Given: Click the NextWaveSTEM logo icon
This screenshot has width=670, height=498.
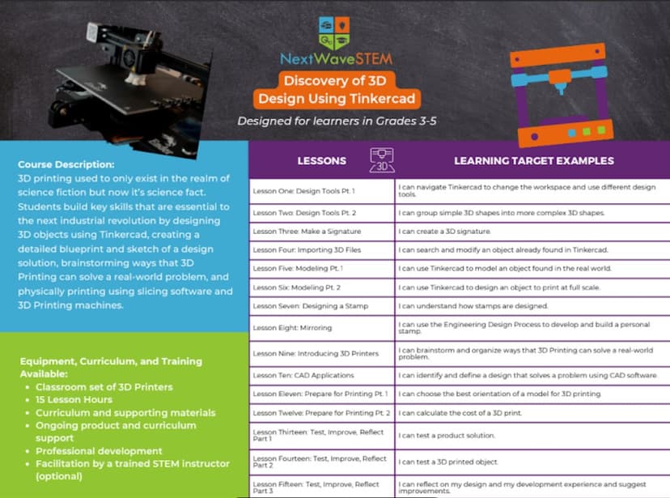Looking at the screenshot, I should tap(335, 32).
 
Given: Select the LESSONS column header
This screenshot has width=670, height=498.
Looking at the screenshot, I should tap(321, 160).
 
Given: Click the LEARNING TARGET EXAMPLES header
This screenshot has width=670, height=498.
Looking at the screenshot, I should tap(533, 160).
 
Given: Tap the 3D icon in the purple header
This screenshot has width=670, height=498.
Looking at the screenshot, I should tap(381, 160).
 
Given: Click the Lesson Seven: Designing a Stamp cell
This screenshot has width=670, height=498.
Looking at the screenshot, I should tap(310, 305).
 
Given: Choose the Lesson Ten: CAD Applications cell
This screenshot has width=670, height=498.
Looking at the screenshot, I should tap(303, 375).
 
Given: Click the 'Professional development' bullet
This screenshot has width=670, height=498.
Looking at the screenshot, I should tap(99, 450).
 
